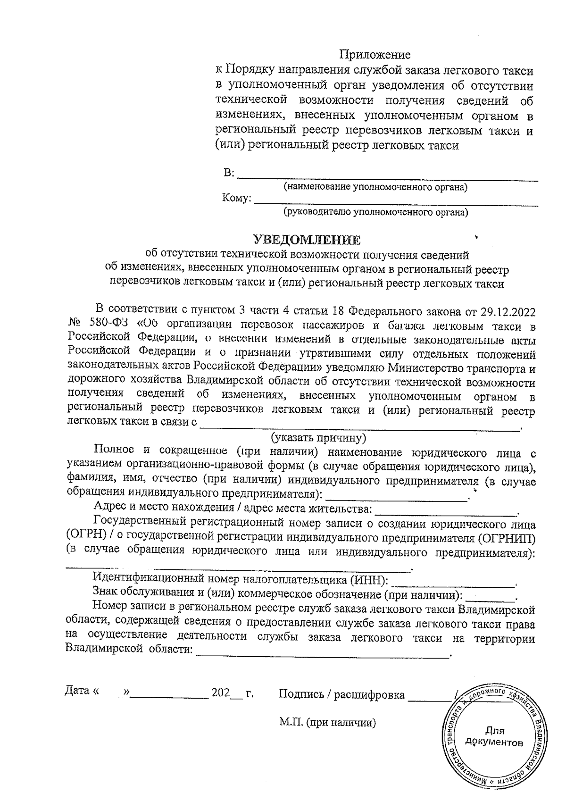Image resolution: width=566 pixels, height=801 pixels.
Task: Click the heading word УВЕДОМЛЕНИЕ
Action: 307,240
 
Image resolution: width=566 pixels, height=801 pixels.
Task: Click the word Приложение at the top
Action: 375,55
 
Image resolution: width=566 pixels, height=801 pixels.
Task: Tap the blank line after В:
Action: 387,177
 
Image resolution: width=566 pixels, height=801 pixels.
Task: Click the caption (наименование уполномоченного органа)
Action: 375,188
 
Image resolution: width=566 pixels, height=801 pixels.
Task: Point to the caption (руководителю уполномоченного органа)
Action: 375,212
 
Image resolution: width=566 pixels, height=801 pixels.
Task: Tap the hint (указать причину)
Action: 318,438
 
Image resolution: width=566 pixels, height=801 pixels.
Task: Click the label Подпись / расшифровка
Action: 341,694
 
